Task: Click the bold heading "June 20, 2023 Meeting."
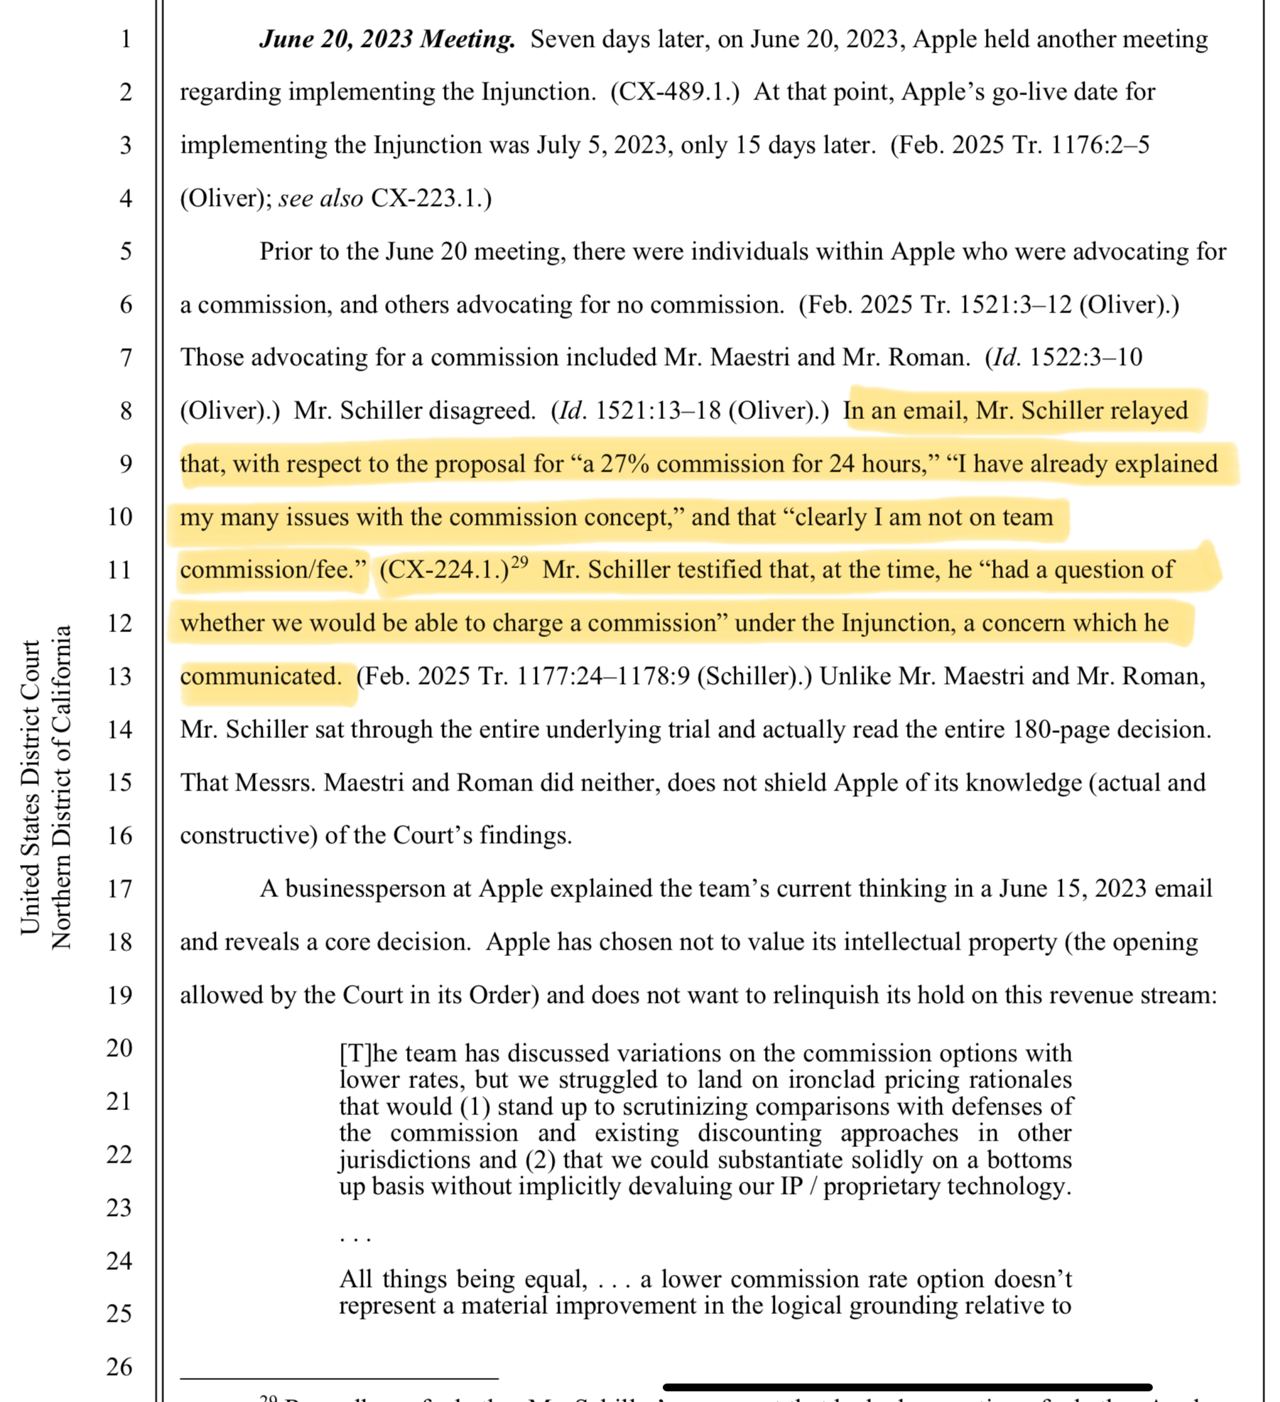387,39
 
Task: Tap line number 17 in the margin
119,889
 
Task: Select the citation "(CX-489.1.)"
674,92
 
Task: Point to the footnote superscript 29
520,563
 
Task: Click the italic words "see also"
320,198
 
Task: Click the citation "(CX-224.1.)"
444,570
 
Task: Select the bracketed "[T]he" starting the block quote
363,1053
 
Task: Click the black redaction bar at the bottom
907,1387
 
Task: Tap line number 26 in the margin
119,1366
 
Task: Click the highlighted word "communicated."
261,676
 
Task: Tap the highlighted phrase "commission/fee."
273,570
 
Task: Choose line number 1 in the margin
125,39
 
